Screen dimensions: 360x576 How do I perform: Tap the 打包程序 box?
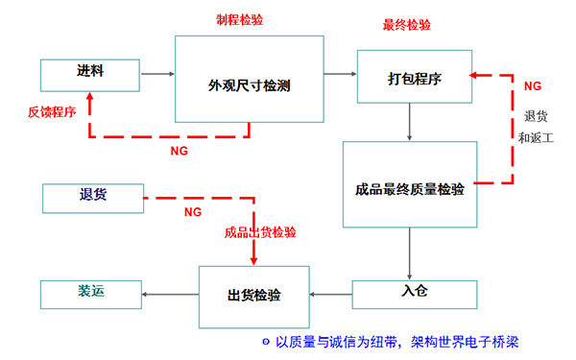pyautogui.click(x=414, y=78)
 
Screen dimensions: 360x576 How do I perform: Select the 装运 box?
pyautogui.click(x=91, y=294)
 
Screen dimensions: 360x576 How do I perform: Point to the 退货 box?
pyautogui.click(x=92, y=197)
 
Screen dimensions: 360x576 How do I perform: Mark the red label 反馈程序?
pyautogui.click(x=51, y=111)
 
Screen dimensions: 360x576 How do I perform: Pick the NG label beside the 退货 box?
pyautogui.click(x=192, y=211)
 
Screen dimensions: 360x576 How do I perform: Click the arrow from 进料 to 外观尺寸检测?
pyautogui.click(x=157, y=72)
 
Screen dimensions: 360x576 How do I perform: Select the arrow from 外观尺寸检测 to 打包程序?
pyautogui.click(x=339, y=72)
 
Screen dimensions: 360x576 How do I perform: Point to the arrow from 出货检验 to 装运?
pyautogui.click(x=170, y=294)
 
